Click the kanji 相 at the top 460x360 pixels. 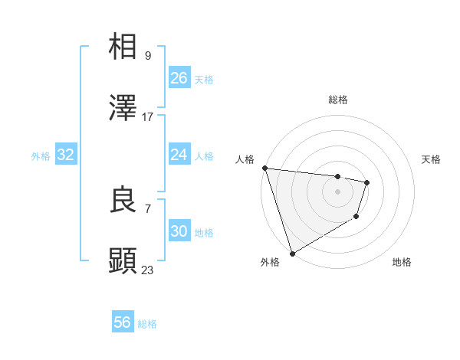pyautogui.click(x=123, y=47)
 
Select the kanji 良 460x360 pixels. pyautogui.click(x=123, y=200)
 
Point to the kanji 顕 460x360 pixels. pyautogui.click(x=123, y=261)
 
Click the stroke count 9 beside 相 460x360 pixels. pyautogui.click(x=148, y=55)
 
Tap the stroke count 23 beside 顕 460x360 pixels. pyautogui.click(x=148, y=270)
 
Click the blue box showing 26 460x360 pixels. pyautogui.click(x=179, y=78)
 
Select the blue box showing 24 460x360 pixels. pyautogui.click(x=179, y=155)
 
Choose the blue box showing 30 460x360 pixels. pyautogui.click(x=179, y=231)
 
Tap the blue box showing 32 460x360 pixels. pyautogui.click(x=66, y=155)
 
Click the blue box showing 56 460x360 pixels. pyautogui.click(x=123, y=322)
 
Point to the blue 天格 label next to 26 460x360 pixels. pyautogui.click(x=204, y=80)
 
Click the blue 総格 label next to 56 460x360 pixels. pyautogui.click(x=147, y=324)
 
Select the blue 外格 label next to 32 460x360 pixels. pyautogui.click(x=41, y=156)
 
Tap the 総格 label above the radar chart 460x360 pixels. pyautogui.click(x=338, y=100)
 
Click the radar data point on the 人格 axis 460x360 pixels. pyautogui.click(x=264, y=168)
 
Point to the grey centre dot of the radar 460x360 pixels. pyautogui.click(x=337, y=191)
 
